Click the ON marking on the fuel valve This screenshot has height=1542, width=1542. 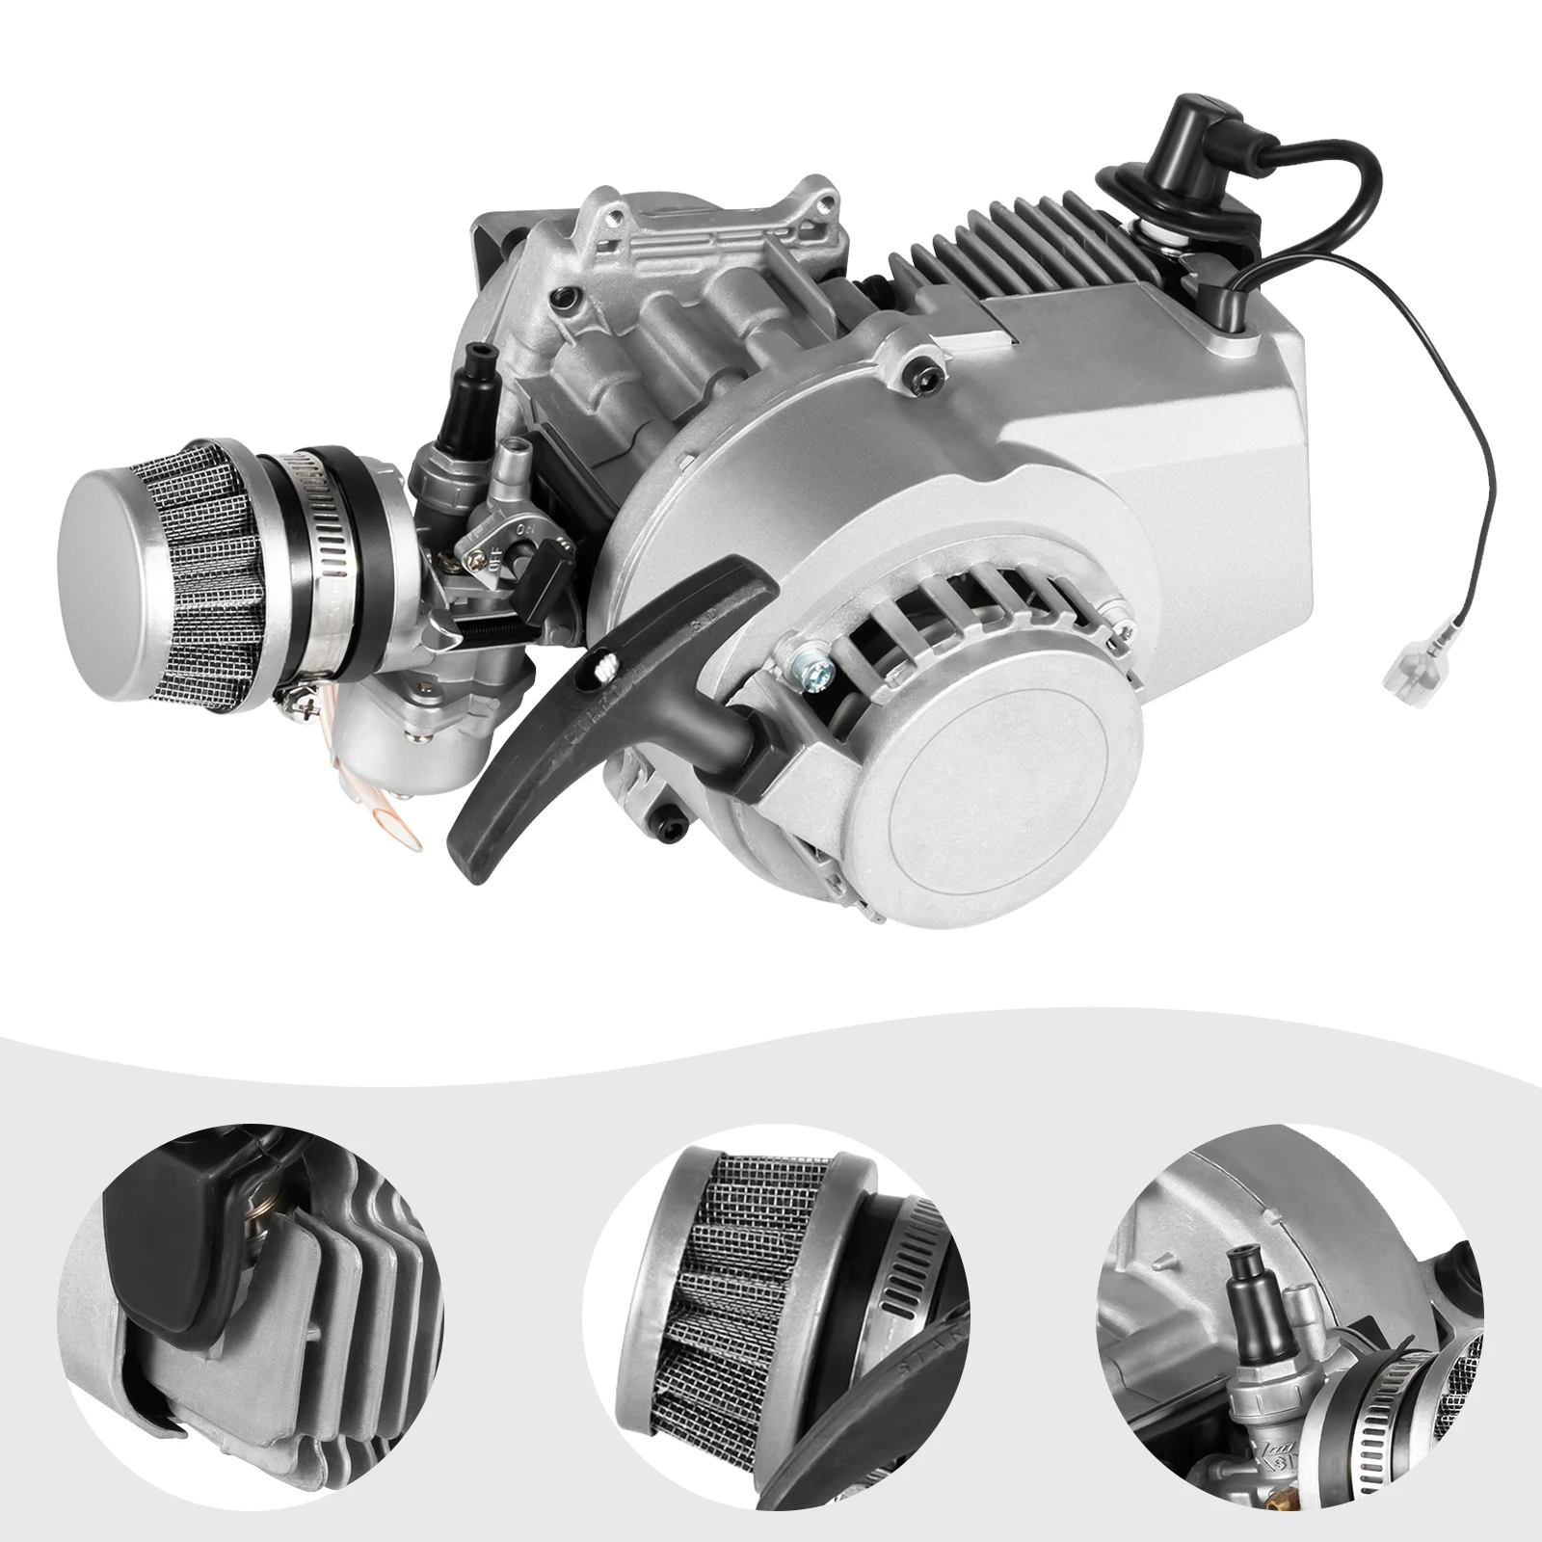[526, 528]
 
